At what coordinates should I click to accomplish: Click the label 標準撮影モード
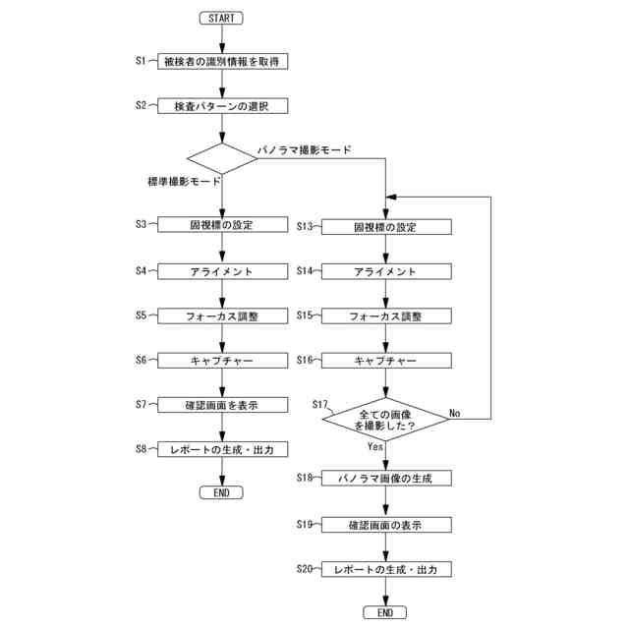pyautogui.click(x=183, y=183)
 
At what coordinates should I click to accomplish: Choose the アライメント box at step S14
pyautogui.click(x=386, y=271)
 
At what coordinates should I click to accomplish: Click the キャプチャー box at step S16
pyautogui.click(x=386, y=361)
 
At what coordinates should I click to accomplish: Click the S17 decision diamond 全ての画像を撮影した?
pyautogui.click(x=386, y=421)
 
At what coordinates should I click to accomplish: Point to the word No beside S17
pyautogui.click(x=455, y=413)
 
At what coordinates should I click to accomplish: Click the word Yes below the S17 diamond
pyautogui.click(x=375, y=446)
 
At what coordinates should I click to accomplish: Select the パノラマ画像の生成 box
pyautogui.click(x=386, y=478)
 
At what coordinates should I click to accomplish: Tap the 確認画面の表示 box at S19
pyautogui.click(x=386, y=525)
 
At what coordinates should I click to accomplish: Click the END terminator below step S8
pyautogui.click(x=221, y=492)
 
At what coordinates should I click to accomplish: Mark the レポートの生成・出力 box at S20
pyautogui.click(x=386, y=570)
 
